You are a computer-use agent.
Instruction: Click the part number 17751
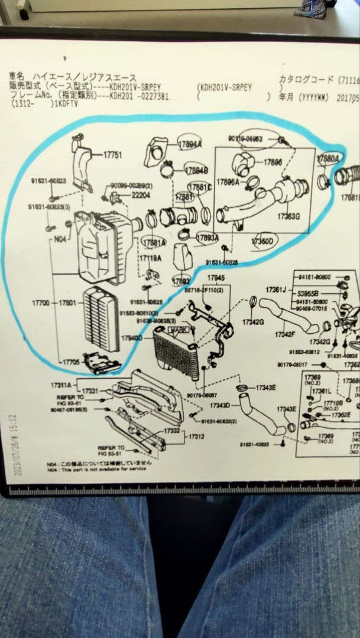[x=112, y=155]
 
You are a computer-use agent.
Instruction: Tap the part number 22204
[x=140, y=194]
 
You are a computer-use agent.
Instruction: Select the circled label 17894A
[x=190, y=144]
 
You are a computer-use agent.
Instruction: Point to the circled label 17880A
[x=328, y=158]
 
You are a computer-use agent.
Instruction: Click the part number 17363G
[x=288, y=217]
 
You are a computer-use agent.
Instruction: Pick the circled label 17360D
[x=262, y=242]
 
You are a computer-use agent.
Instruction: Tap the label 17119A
[x=150, y=259]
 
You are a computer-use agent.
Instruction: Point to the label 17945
[x=216, y=277]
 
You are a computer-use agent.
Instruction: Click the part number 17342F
[x=284, y=334]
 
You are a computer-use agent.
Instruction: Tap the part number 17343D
[x=220, y=405]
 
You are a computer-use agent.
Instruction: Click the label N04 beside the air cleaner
[x=60, y=240]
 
